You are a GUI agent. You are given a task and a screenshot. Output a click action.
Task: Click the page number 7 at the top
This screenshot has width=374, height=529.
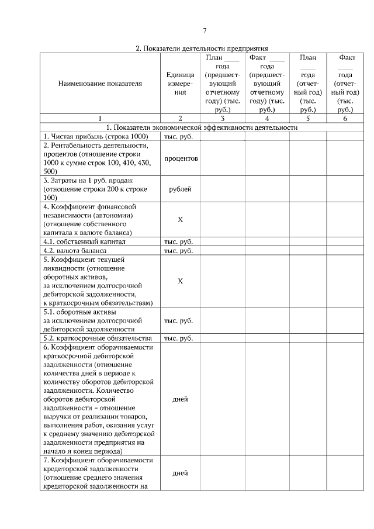(x=204, y=31)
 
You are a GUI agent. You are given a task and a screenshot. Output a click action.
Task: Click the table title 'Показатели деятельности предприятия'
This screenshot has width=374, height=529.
(x=202, y=49)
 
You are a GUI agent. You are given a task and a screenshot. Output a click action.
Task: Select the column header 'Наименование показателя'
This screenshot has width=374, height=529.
(x=100, y=84)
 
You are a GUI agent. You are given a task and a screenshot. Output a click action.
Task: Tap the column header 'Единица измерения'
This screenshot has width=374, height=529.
(x=180, y=84)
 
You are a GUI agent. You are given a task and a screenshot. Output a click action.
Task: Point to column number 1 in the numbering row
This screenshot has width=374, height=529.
(x=100, y=118)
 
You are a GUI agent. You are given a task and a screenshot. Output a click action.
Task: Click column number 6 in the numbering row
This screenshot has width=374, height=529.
(x=345, y=118)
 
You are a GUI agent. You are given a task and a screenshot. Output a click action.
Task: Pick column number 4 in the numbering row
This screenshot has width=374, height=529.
(x=266, y=118)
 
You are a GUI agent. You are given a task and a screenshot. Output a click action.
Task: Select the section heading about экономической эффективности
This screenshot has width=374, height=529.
(x=201, y=127)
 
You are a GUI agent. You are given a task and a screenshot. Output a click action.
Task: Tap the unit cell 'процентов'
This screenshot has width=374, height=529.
(x=180, y=158)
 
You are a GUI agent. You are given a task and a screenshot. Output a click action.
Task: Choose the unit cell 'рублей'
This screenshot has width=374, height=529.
(x=180, y=189)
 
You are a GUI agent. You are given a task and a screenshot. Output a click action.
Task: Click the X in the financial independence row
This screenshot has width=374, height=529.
(x=180, y=219)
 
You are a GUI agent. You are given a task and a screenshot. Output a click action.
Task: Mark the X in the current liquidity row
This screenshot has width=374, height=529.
(x=180, y=281)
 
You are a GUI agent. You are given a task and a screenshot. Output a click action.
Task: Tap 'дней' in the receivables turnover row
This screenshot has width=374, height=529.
(x=180, y=400)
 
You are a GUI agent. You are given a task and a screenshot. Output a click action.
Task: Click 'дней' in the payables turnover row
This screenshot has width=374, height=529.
(x=180, y=473)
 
